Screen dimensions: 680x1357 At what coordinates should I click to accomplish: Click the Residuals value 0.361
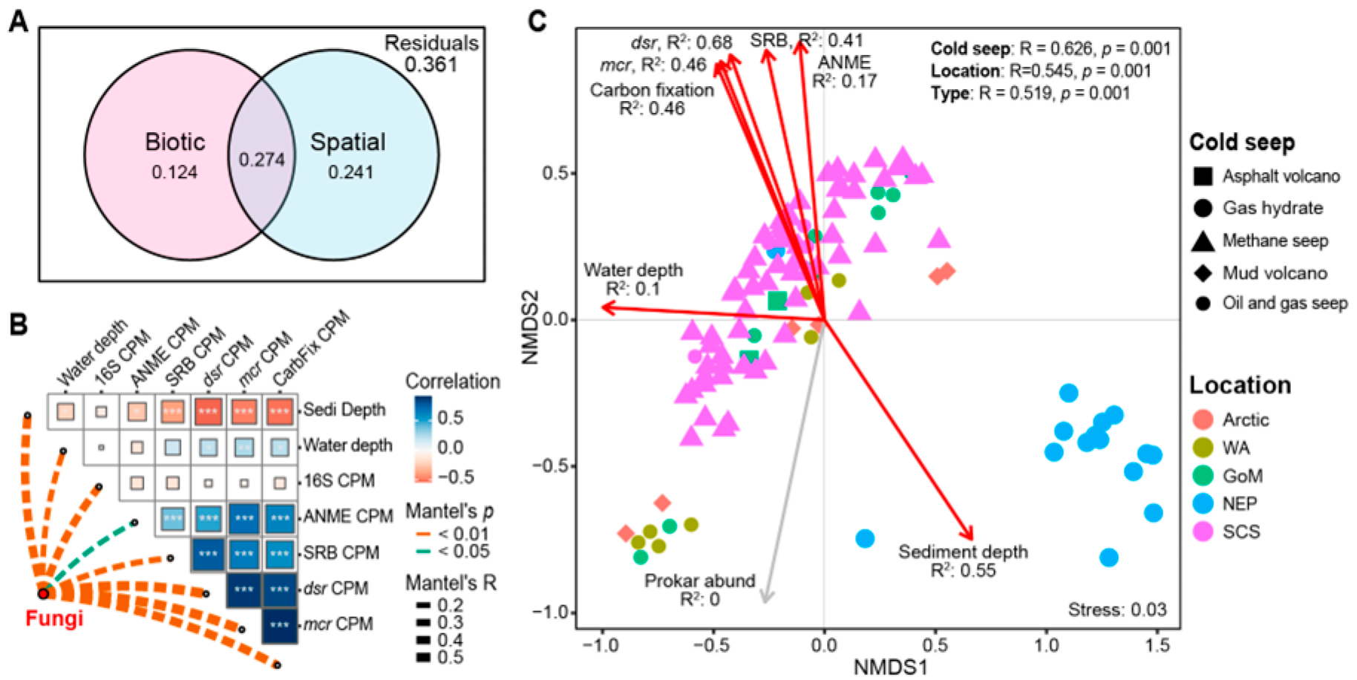click(x=431, y=65)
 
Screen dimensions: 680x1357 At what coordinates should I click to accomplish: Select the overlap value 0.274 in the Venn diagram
click(x=261, y=160)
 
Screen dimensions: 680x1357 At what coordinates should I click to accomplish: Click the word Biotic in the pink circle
click(x=174, y=142)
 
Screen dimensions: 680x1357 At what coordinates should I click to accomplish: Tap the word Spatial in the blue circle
click(x=347, y=142)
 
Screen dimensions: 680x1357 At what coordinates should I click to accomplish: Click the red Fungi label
click(x=54, y=618)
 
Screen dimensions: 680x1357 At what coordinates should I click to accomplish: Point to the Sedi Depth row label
click(x=344, y=410)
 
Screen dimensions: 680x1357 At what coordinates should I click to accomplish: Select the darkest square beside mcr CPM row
click(x=279, y=624)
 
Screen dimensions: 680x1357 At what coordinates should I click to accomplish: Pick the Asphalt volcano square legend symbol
click(x=1203, y=176)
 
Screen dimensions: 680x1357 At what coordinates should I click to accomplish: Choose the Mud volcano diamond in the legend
click(x=1203, y=273)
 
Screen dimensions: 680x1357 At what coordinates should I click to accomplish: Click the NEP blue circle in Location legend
click(x=1203, y=504)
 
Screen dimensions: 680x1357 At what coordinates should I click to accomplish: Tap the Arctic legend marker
click(x=1203, y=419)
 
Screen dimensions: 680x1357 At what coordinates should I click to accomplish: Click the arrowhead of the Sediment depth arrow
click(x=969, y=537)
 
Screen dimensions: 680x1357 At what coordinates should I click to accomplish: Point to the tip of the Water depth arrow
click(x=604, y=307)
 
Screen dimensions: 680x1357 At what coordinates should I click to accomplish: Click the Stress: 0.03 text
click(x=1116, y=609)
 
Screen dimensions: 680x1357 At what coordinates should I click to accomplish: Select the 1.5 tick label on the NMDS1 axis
click(x=1157, y=645)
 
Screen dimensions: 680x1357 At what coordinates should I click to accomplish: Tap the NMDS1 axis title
click(x=890, y=667)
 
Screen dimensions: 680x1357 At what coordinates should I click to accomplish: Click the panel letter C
click(x=537, y=20)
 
